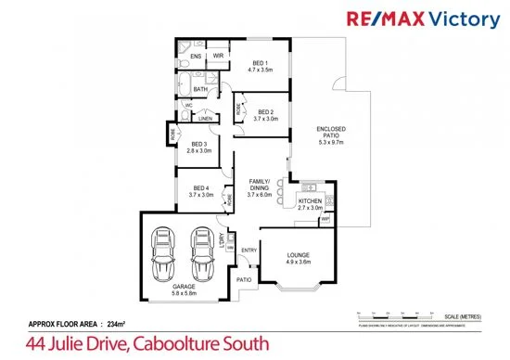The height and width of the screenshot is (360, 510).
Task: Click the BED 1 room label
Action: pos(260,61)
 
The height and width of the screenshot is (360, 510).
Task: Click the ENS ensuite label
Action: pos(196,57)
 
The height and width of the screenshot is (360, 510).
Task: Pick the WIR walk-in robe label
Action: pos(218,57)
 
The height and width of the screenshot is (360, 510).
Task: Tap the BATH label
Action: pos(200,89)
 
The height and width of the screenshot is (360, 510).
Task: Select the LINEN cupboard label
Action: pos(205,119)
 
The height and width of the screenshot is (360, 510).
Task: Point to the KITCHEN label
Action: pos(310,201)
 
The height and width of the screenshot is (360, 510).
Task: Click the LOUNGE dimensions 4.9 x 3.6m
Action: pos(298,263)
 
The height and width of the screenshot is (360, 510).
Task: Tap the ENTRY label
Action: pos(249,251)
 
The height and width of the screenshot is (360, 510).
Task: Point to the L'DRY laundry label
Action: pos(222,240)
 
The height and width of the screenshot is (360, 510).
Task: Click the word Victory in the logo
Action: pos(462,19)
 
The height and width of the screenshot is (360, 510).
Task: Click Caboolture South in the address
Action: pos(200,344)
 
